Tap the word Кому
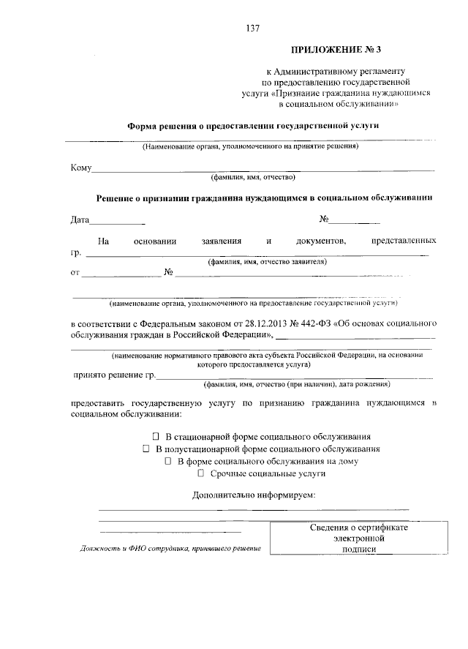click(80, 169)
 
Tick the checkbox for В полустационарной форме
click(146, 449)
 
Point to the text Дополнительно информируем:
click(254, 495)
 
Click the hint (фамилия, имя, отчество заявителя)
click(266, 261)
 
